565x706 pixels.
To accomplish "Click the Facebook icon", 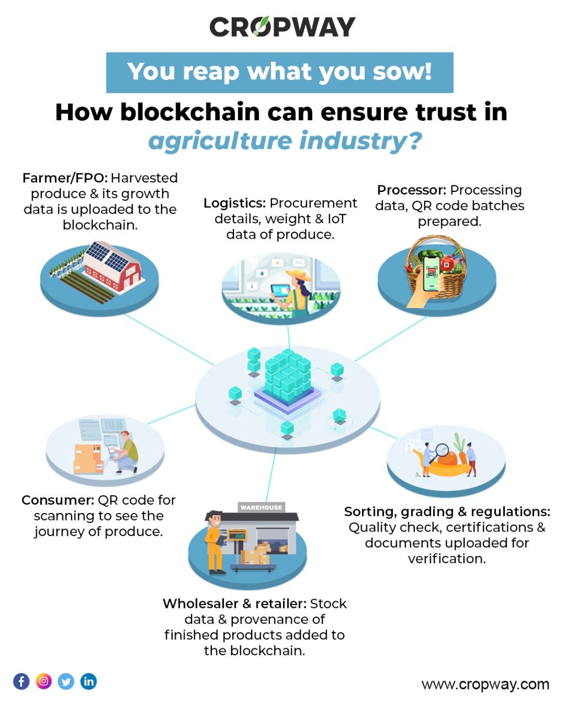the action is tap(22, 681).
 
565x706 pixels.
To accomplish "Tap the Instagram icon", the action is tap(44, 681).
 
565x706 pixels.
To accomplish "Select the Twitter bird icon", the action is tap(66, 681).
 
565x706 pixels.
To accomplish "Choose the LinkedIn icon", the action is tap(88, 681).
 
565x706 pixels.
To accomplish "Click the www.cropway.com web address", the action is tap(485, 684).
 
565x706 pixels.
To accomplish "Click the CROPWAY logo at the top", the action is tap(282, 26).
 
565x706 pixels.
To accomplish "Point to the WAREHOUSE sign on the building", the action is tap(261, 507).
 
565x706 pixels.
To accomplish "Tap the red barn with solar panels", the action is tap(111, 268).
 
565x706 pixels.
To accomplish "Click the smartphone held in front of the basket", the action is tap(431, 274).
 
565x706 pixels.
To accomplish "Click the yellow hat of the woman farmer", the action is tap(298, 275).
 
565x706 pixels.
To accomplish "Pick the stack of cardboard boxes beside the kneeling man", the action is tap(88, 459).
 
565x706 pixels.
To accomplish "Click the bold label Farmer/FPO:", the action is tap(65, 178).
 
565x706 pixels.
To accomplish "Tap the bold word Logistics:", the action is tap(234, 203).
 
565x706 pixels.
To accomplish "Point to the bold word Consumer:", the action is tap(58, 500).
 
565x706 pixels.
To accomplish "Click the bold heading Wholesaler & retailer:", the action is tap(234, 603).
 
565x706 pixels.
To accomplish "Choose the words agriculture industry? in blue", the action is tap(285, 141).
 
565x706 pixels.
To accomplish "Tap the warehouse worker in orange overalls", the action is tap(216, 542).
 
